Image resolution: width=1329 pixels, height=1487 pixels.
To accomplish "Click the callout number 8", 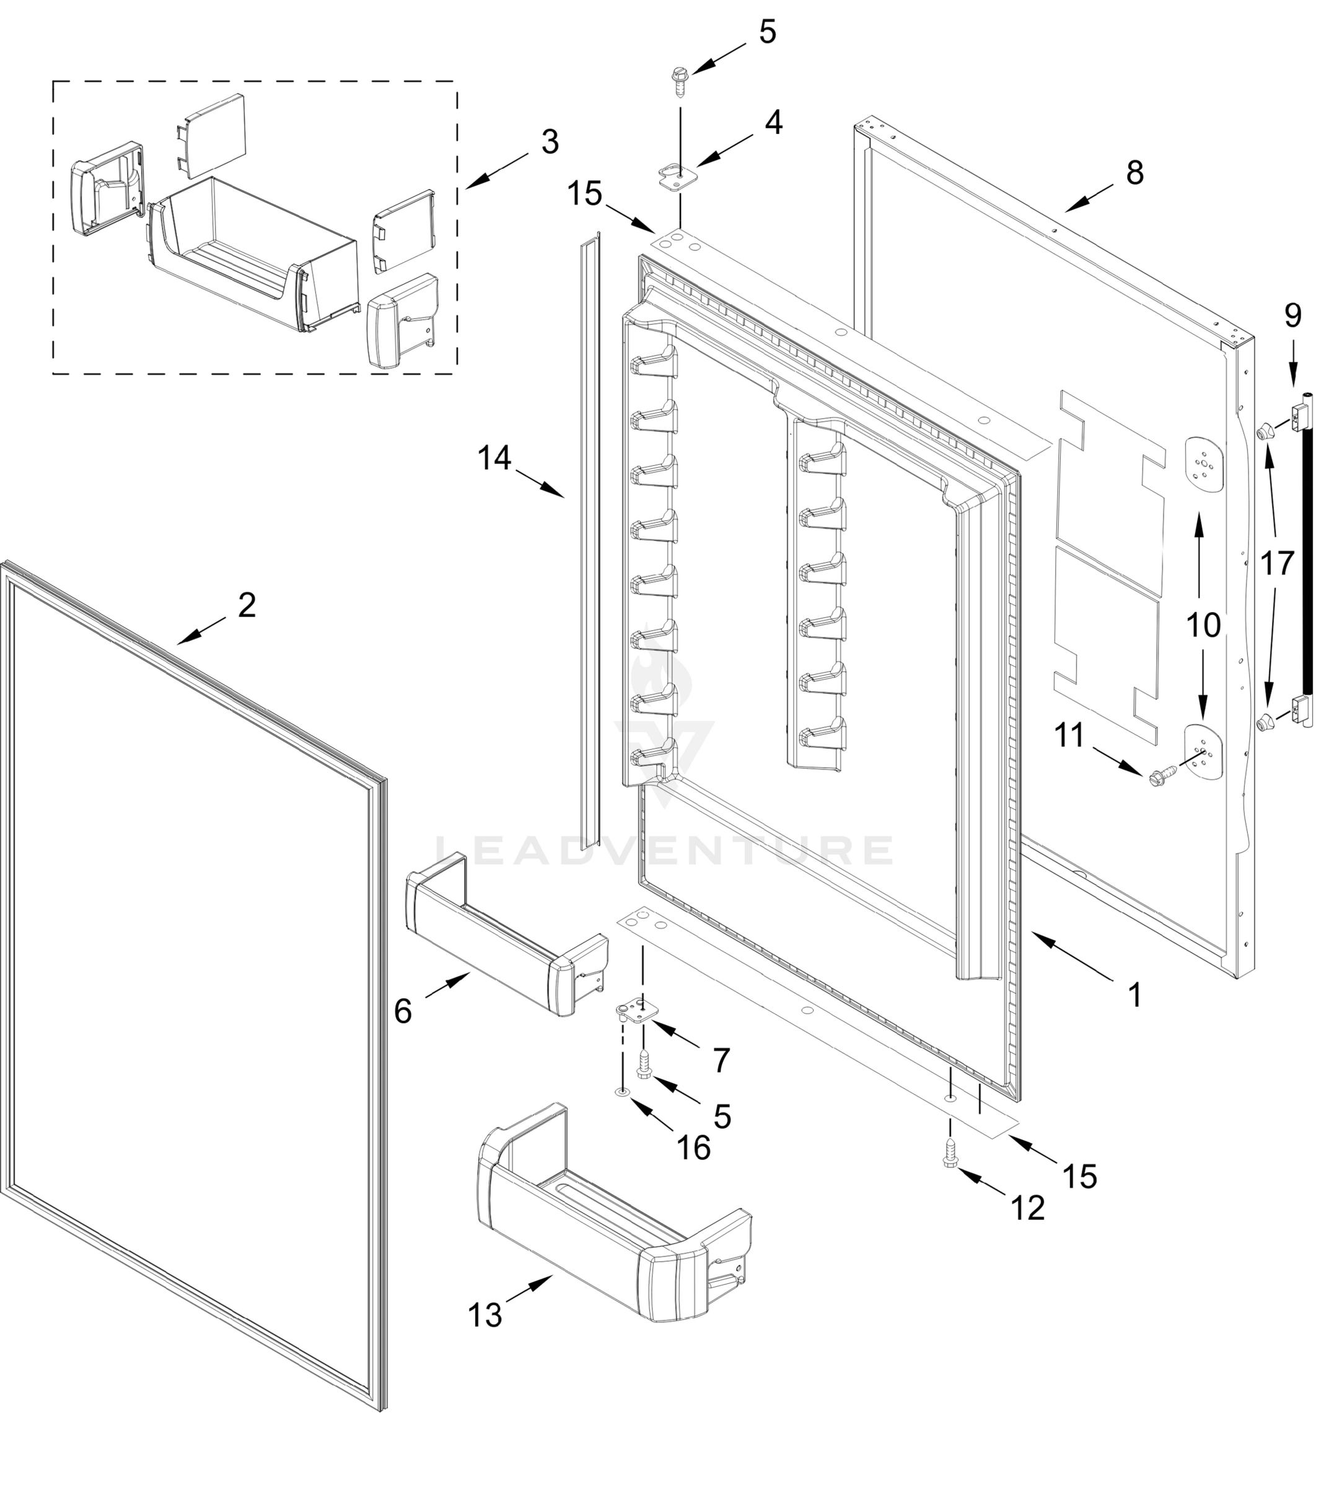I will pyautogui.click(x=1134, y=173).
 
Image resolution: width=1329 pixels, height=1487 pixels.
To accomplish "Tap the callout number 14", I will pyautogui.click(x=494, y=458).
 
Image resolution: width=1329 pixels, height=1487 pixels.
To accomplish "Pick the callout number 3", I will pyautogui.click(x=550, y=142).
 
